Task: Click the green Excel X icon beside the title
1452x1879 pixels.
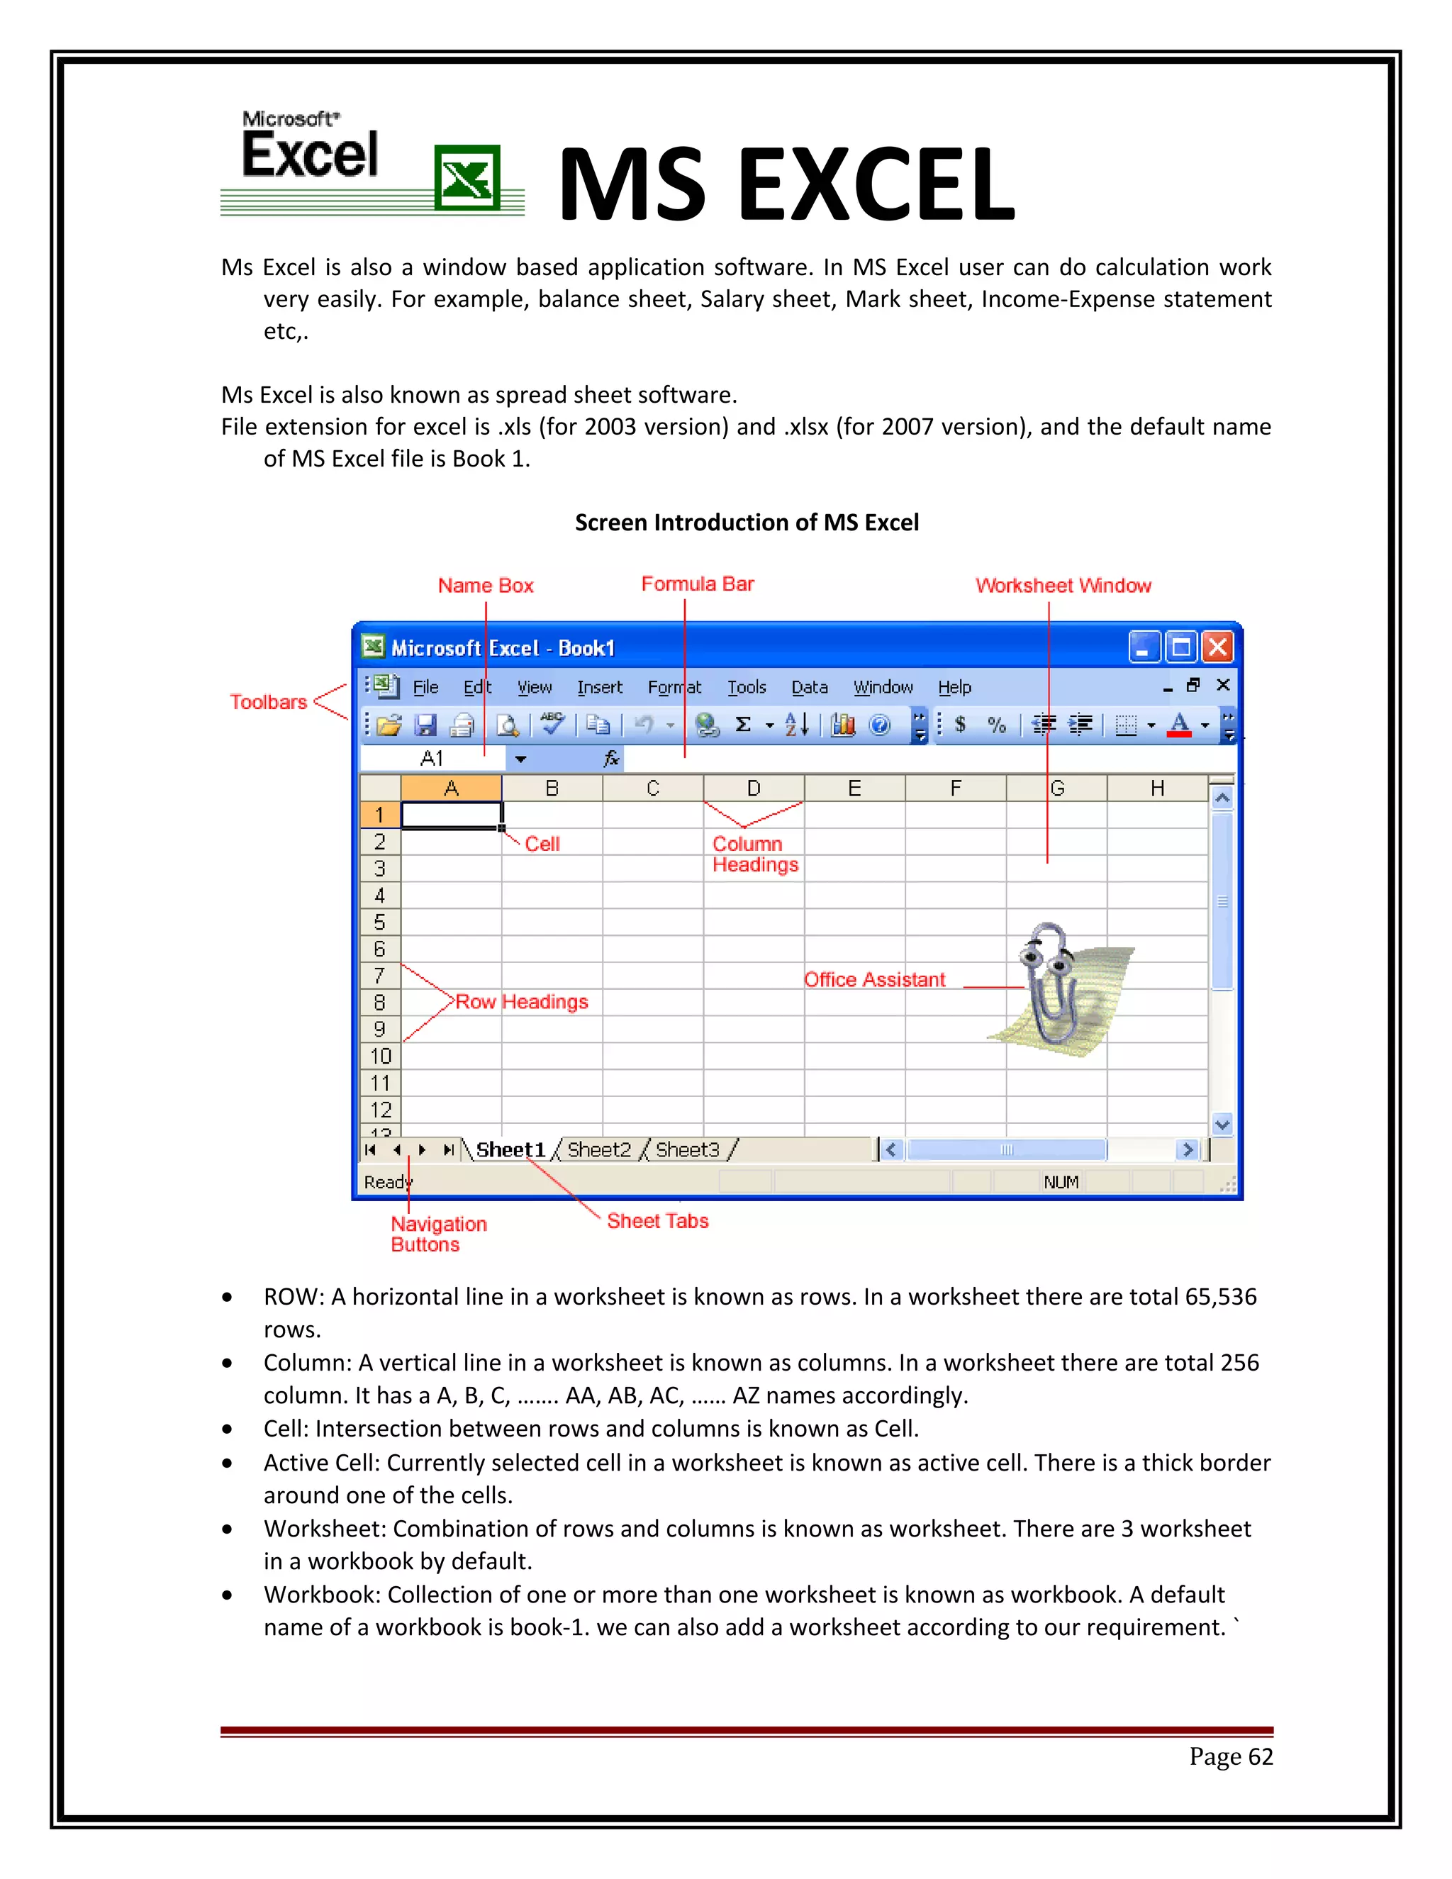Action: click(x=467, y=177)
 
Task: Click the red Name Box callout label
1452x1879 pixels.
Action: click(x=485, y=586)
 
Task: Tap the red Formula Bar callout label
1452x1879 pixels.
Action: click(x=697, y=584)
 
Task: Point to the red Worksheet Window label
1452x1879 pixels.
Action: click(x=1062, y=586)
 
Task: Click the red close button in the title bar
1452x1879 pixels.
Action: click(x=1217, y=647)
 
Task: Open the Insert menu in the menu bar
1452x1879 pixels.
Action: click(x=600, y=687)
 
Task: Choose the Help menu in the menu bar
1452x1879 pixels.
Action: click(x=954, y=687)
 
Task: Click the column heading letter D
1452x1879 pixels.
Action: click(x=754, y=788)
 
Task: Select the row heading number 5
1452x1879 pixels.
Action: click(x=379, y=922)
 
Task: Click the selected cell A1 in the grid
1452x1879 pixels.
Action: click(x=451, y=815)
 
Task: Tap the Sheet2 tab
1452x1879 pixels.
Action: click(x=598, y=1149)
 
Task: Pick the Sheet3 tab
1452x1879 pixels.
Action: click(x=687, y=1149)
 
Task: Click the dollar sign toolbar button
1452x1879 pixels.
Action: click(x=960, y=725)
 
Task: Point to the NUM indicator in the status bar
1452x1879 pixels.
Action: click(x=1061, y=1182)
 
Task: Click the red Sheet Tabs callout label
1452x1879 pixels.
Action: click(x=657, y=1221)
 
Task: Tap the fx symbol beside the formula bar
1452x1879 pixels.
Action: click(x=610, y=758)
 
